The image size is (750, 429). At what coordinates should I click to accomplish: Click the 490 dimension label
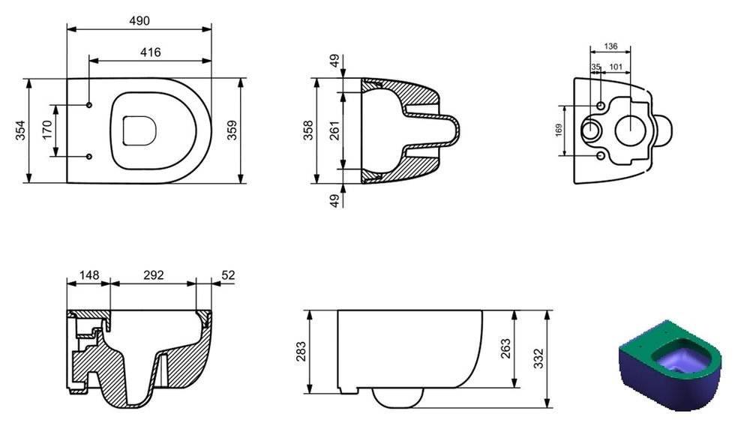[139, 20]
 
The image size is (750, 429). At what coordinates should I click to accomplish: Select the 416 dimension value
[150, 52]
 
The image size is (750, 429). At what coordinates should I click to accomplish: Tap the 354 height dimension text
[20, 130]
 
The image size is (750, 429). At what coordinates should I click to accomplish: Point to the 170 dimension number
[46, 130]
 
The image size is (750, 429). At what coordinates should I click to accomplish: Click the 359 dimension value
[232, 130]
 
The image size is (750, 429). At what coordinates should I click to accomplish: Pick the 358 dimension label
[308, 130]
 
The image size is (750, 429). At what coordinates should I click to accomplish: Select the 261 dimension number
[334, 130]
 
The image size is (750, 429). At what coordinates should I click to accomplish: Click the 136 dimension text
[610, 46]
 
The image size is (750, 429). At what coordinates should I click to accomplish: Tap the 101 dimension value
[616, 67]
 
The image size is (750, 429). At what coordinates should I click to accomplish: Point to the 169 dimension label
[559, 130]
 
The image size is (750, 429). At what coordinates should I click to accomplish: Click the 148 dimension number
[89, 275]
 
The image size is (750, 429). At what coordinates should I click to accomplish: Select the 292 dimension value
[154, 275]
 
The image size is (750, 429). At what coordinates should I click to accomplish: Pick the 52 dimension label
[229, 275]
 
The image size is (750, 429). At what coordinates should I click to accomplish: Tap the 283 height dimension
[301, 351]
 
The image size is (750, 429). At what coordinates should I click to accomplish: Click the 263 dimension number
[505, 348]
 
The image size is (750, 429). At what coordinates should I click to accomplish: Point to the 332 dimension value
[539, 358]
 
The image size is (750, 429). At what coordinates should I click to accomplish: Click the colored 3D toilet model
[670, 366]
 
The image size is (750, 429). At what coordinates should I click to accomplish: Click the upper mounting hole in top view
[89, 105]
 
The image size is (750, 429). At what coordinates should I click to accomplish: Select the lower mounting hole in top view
[89, 157]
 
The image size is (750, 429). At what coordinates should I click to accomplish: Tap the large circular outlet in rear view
[631, 130]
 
